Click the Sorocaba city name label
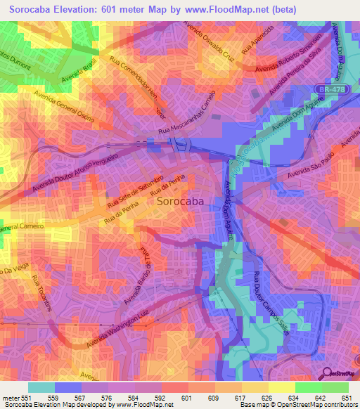click(x=180, y=201)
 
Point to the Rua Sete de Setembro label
click(x=135, y=191)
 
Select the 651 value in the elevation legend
click(x=346, y=398)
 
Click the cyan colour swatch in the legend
click(x=41, y=387)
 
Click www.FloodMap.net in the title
click(x=229, y=9)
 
